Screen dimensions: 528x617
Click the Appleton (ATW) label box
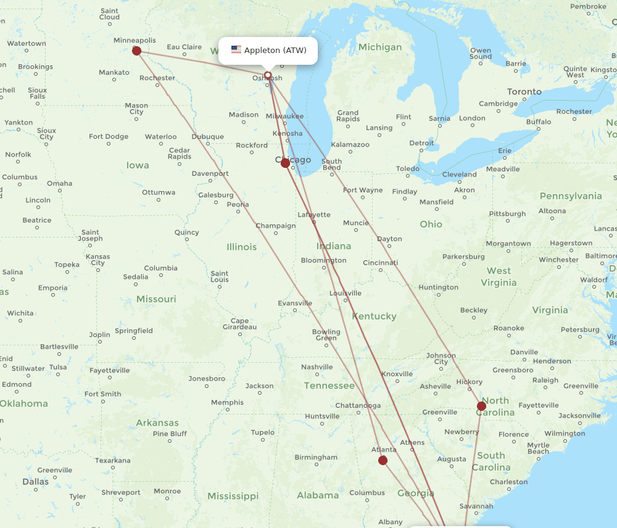click(x=268, y=50)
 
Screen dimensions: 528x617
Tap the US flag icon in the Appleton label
click(x=236, y=50)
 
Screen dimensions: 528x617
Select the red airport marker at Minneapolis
click(x=137, y=51)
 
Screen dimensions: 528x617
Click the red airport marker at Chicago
click(x=285, y=163)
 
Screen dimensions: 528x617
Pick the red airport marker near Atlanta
click(x=383, y=460)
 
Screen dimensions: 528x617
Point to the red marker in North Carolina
click(x=481, y=406)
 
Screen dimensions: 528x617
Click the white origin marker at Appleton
click(x=268, y=75)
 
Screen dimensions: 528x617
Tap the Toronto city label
click(x=524, y=91)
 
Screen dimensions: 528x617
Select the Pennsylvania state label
click(x=570, y=196)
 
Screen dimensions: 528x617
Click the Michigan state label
click(x=379, y=47)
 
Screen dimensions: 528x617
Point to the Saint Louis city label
click(x=220, y=276)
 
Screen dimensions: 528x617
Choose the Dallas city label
click(x=35, y=481)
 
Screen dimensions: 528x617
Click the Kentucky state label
click(x=374, y=316)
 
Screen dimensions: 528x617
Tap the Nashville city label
click(x=317, y=367)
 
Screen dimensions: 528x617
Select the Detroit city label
click(x=422, y=143)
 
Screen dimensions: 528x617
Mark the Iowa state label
click(x=138, y=165)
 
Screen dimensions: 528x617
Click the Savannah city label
click(x=476, y=506)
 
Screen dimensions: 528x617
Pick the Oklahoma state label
click(x=23, y=403)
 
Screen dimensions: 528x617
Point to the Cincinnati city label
click(x=380, y=263)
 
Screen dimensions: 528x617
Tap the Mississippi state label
click(x=233, y=496)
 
